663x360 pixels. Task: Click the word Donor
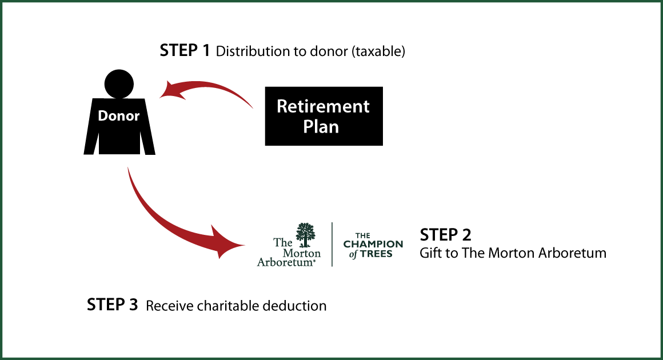click(119, 116)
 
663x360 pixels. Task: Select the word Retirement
click(323, 106)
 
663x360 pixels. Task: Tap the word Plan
click(321, 126)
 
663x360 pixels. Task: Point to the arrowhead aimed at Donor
click(170, 90)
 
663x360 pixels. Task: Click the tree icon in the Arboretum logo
click(305, 234)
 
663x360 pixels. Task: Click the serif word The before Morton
click(282, 242)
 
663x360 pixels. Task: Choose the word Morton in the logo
click(306, 252)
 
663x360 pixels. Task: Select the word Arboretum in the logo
click(285, 262)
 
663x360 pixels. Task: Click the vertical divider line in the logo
click(333, 244)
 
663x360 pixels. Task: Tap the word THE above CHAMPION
click(363, 235)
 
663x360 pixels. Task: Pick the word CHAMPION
click(373, 244)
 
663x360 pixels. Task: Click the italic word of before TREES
click(353, 254)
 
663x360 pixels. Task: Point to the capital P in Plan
click(308, 126)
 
